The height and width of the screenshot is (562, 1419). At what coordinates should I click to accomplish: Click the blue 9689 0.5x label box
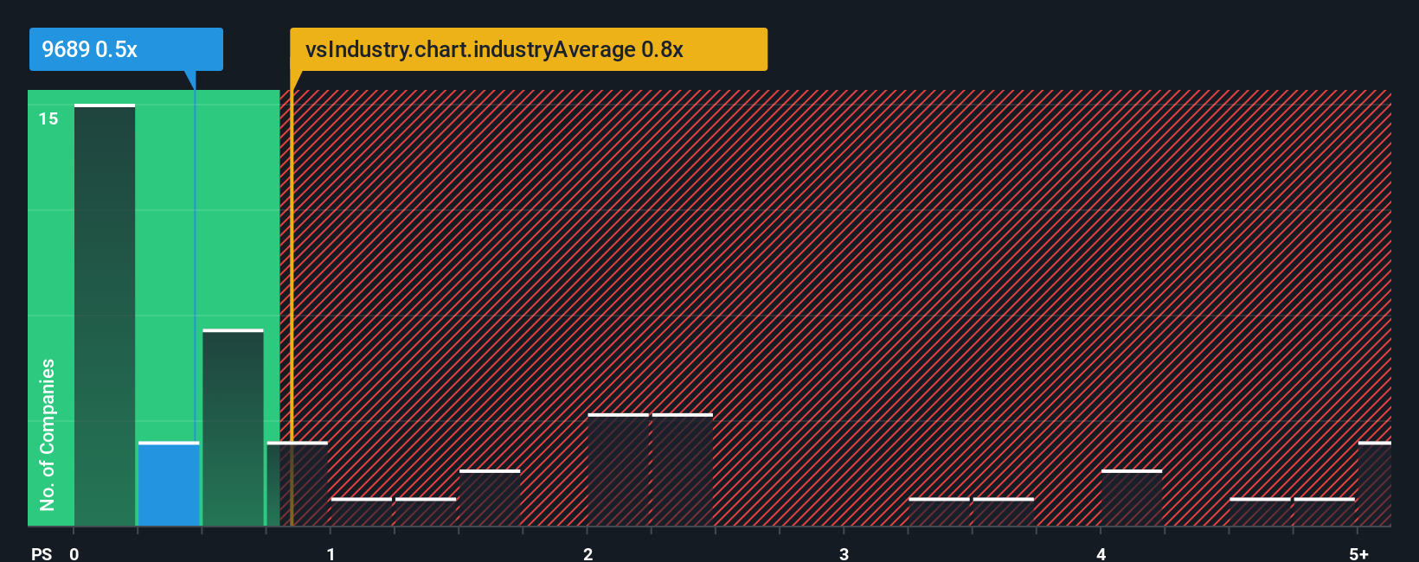point(125,49)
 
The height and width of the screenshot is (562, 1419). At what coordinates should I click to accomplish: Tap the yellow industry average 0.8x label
point(528,49)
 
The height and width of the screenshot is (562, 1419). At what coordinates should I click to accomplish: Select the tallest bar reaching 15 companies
point(105,316)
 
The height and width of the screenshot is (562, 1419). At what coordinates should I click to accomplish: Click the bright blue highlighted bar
point(169,484)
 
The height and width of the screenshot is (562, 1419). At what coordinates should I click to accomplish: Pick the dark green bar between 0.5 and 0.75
point(233,428)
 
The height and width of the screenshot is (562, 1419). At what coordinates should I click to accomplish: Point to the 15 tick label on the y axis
point(48,118)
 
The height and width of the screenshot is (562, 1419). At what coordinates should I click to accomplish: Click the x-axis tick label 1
point(331,553)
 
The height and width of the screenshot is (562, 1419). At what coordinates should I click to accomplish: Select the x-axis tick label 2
point(588,553)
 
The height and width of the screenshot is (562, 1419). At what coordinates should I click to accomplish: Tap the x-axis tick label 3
point(844,553)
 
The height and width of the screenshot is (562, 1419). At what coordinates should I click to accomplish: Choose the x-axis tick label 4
point(1101,553)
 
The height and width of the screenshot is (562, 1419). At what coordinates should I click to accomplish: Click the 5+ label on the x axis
point(1358,553)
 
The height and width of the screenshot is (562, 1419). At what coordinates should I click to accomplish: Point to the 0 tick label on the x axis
point(74,553)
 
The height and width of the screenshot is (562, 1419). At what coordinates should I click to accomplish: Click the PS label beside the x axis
point(42,553)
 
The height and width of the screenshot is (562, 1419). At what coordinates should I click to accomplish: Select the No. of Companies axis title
point(48,434)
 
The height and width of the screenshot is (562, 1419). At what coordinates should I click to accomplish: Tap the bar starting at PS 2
point(618,470)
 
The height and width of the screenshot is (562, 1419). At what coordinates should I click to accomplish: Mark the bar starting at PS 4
point(1132,498)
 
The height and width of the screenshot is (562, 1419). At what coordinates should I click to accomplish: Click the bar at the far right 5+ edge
point(1374,484)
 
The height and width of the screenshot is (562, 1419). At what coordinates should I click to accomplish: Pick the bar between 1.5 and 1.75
point(490,498)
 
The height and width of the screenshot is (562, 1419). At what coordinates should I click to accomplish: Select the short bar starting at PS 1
point(362,512)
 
